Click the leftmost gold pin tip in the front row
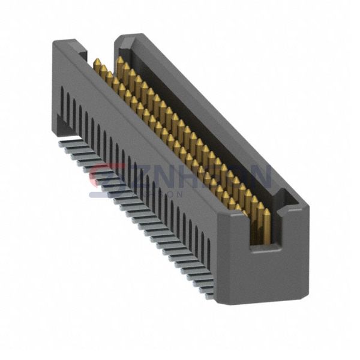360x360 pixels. tap(96, 61)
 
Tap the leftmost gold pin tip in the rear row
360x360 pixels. tap(120, 60)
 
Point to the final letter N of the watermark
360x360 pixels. tap(259, 177)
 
